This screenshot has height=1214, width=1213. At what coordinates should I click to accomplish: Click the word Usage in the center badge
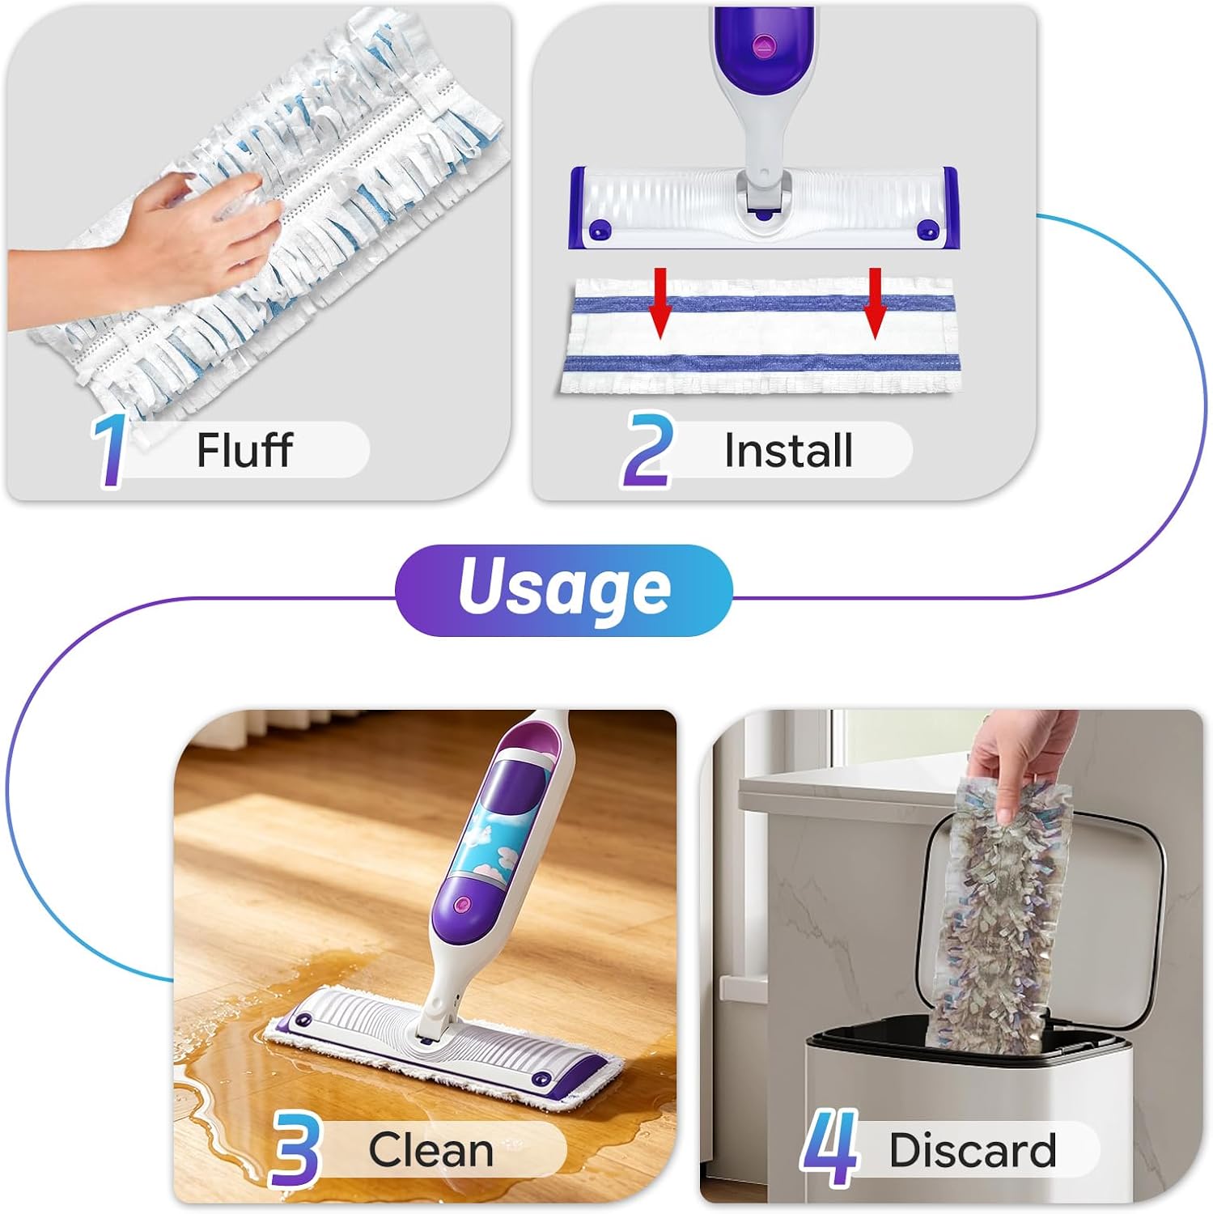(x=564, y=588)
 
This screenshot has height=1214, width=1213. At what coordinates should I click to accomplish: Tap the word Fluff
(x=244, y=450)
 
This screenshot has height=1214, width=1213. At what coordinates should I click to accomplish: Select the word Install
(x=788, y=451)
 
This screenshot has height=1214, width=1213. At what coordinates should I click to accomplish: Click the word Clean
(x=430, y=1149)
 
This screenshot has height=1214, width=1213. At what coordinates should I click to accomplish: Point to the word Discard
(x=973, y=1149)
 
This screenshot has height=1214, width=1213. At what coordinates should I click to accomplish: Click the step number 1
(x=110, y=451)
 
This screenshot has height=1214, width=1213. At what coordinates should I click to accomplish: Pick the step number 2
(x=647, y=449)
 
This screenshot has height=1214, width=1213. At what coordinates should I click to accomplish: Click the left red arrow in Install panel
(x=661, y=303)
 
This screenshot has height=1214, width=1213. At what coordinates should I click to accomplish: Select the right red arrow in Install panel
(x=874, y=303)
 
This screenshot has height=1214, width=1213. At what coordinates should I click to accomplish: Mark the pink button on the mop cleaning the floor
(x=463, y=904)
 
